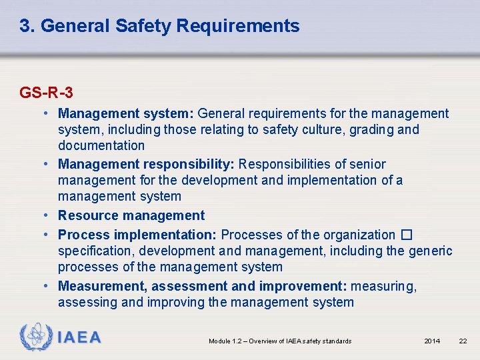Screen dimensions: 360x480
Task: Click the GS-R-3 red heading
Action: coord(46,92)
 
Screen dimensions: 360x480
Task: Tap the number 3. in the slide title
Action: coord(27,26)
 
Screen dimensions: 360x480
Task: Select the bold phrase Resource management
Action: coord(131,215)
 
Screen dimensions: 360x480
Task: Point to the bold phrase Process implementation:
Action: coord(137,235)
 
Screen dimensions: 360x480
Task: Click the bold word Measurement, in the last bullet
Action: coord(103,287)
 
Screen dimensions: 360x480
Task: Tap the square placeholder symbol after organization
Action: coord(407,235)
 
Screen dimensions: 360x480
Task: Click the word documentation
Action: coord(101,145)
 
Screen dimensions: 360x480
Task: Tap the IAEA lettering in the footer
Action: coord(79,338)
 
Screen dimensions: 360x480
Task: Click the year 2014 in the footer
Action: coord(432,341)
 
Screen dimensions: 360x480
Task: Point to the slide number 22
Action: coord(463,341)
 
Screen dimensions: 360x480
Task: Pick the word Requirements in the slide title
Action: coord(239,26)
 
